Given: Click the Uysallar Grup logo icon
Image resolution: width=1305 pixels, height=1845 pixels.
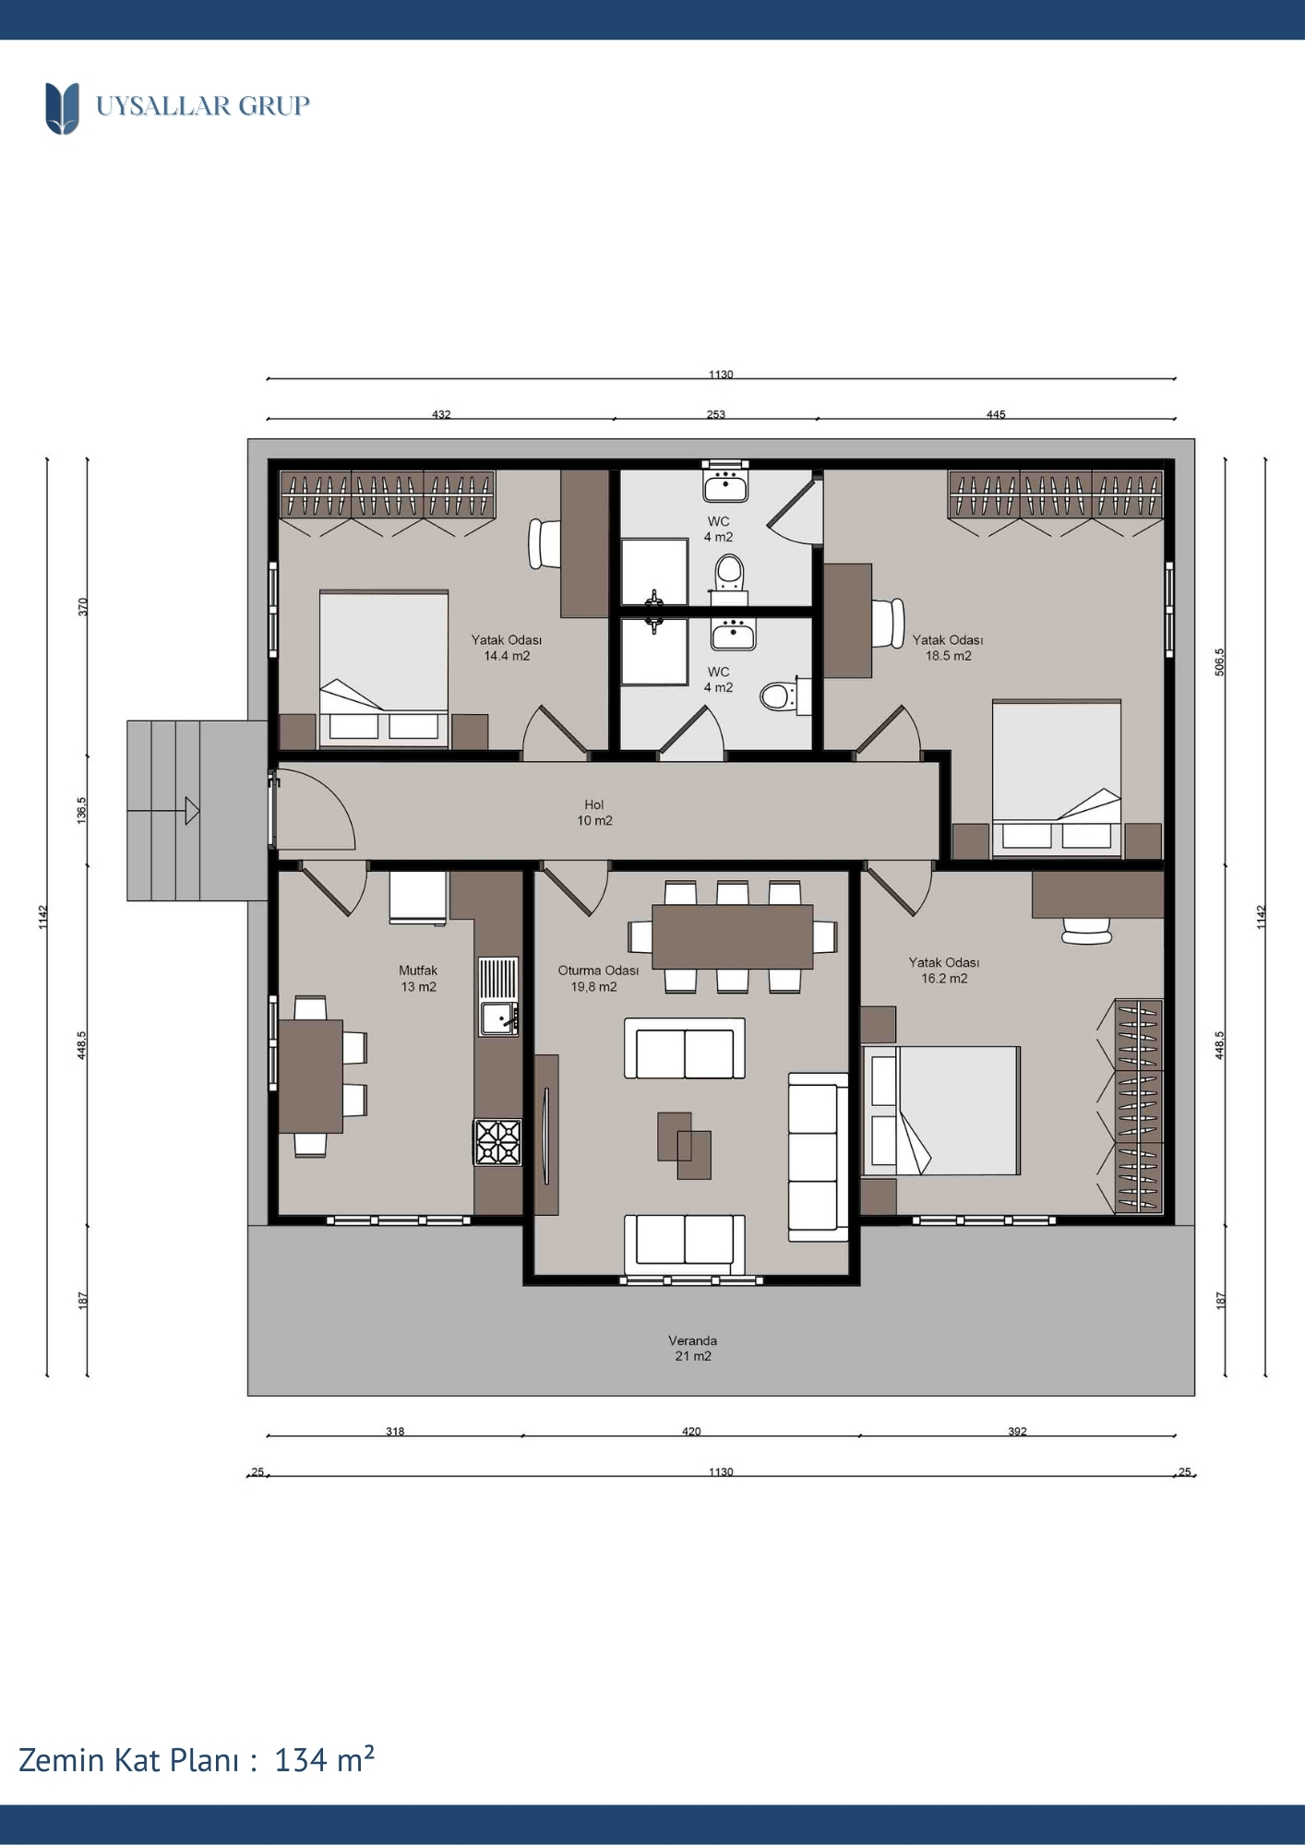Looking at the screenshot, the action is click(62, 108).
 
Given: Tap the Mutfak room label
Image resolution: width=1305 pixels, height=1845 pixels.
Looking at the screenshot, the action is click(418, 970).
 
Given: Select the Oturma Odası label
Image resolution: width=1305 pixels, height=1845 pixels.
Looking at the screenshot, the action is click(598, 970).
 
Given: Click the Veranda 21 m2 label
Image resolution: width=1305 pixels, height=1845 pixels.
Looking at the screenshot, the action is click(693, 1348).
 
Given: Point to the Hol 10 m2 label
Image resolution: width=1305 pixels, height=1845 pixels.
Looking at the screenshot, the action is click(594, 813).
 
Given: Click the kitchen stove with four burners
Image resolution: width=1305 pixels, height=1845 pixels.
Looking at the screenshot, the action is click(497, 1142).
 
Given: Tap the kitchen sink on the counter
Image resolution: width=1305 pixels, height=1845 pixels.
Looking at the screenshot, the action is click(499, 1018).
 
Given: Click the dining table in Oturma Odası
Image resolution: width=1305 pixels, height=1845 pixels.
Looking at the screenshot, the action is click(733, 936).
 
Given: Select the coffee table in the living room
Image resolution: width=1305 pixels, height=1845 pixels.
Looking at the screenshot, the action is click(684, 1146).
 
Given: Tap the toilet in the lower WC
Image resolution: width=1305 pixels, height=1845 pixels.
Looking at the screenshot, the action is click(784, 696).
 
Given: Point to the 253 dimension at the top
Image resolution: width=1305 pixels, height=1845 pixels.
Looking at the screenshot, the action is click(716, 414).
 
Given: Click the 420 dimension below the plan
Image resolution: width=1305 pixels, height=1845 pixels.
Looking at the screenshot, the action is click(691, 1432).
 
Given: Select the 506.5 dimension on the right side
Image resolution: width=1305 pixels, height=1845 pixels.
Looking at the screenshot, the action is click(1219, 661).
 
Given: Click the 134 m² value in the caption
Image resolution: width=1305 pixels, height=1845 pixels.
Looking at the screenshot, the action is click(324, 1759).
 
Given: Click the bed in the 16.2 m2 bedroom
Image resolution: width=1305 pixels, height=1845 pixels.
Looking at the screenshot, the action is click(940, 1111).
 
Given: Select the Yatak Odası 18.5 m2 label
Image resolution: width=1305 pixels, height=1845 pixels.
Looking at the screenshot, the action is click(948, 648).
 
